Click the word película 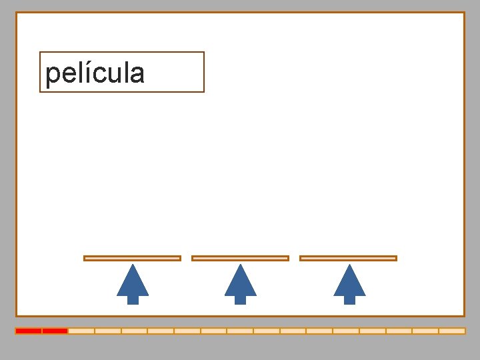95,73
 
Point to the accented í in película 87,72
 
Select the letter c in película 97,74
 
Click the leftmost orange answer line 132,258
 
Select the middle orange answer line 240,258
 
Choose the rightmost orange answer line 348,258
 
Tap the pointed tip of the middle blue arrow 241,266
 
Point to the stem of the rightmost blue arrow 349,299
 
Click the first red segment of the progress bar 29,331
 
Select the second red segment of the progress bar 55,331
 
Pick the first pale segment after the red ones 81,331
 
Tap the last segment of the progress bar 452,331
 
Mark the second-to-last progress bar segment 425,331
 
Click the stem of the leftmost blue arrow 133,299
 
